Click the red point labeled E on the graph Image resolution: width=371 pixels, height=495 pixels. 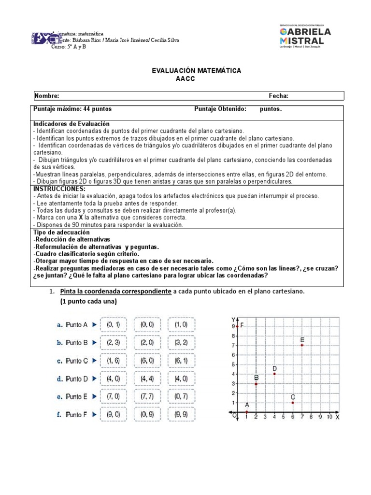pyautogui.click(x=302, y=345)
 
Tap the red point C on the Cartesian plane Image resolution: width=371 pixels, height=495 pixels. pyautogui.click(x=293, y=402)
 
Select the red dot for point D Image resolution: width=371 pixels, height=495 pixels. pyautogui.click(x=274, y=374)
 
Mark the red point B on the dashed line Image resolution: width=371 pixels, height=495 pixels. pyautogui.click(x=256, y=383)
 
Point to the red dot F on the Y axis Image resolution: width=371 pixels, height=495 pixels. pyautogui.click(x=237, y=326)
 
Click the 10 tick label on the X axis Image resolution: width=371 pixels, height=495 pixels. pyautogui.click(x=329, y=417)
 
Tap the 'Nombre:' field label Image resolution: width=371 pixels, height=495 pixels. pyautogui.click(x=46, y=96)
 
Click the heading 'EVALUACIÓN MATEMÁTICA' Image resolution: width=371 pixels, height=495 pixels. pyautogui.click(x=197, y=71)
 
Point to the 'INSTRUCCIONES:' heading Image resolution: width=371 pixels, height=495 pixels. pyautogui.click(x=59, y=189)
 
